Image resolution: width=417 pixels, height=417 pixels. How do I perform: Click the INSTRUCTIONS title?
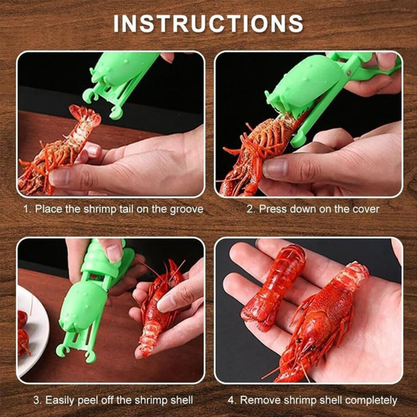pos(208,24)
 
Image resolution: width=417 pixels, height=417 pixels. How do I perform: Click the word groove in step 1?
pos(187,209)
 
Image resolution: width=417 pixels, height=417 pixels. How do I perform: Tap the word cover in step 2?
pos(366,209)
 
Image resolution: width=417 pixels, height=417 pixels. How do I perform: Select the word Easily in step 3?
pos(60,401)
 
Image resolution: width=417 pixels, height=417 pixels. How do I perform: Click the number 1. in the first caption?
pos(28,209)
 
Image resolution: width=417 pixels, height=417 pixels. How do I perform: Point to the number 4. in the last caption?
pos(232,401)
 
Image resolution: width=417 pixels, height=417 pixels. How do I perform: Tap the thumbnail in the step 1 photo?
pos(59,178)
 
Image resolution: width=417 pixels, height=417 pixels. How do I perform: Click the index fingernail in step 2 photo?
pos(275,168)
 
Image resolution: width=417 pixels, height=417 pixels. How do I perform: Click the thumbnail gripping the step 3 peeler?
pos(114,253)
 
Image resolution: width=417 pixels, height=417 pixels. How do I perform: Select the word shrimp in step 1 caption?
pos(100,209)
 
